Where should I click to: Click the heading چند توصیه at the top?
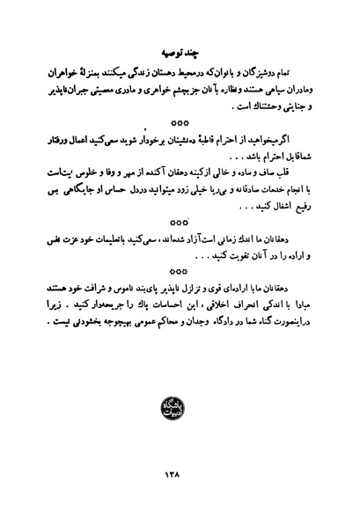180,42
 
